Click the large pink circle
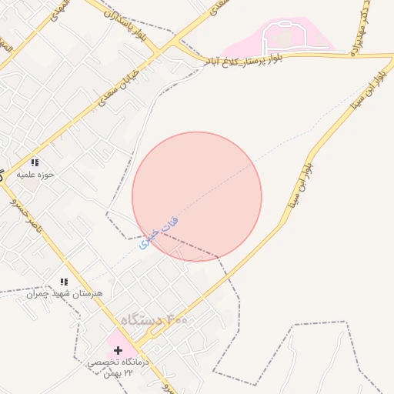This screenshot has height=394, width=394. tap(197, 196)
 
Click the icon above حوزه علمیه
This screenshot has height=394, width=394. tap(35, 162)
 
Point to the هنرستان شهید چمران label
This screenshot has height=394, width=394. tap(64, 294)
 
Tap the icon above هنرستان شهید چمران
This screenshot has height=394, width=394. tap(64, 282)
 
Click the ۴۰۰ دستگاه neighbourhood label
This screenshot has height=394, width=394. tap(154, 319)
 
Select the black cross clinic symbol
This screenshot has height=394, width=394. tap(118, 350)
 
